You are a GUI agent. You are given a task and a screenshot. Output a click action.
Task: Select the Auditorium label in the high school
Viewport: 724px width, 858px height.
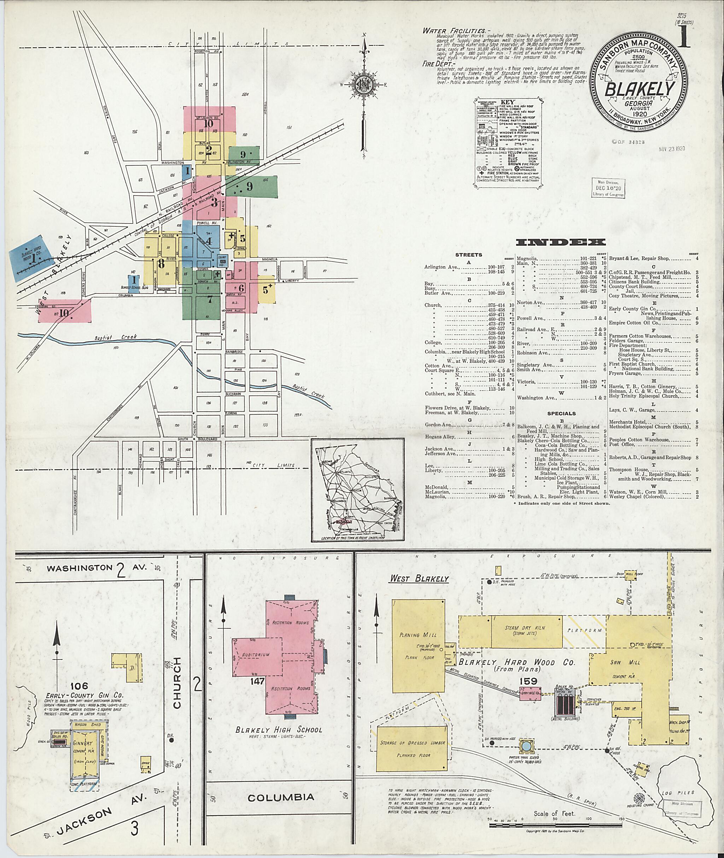click(256, 655)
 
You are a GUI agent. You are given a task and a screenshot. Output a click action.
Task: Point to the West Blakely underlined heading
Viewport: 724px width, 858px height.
click(419, 579)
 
